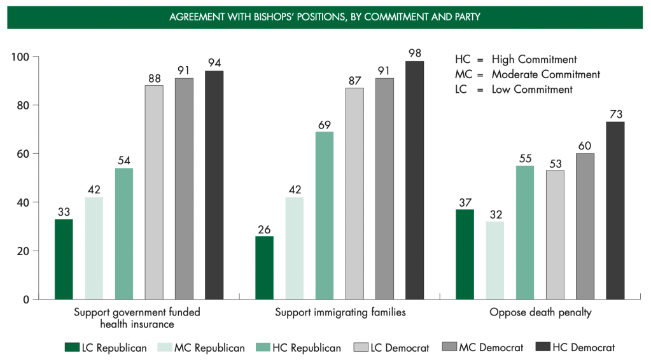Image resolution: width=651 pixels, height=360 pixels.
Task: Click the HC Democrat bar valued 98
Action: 415,180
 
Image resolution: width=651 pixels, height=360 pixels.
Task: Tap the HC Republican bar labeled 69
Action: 325,215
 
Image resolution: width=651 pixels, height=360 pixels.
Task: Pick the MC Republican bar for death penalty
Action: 495,260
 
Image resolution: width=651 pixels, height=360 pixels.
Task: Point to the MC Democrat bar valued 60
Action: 585,226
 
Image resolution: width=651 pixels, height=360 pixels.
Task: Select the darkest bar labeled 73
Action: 615,211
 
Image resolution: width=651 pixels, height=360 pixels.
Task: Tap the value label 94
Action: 214,62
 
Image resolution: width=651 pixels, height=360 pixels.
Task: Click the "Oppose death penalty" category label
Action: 532,312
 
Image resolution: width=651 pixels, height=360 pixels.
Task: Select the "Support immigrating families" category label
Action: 340,312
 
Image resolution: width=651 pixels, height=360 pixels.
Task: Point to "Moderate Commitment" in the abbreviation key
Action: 545,74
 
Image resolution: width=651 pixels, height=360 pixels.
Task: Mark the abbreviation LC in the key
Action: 461,90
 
